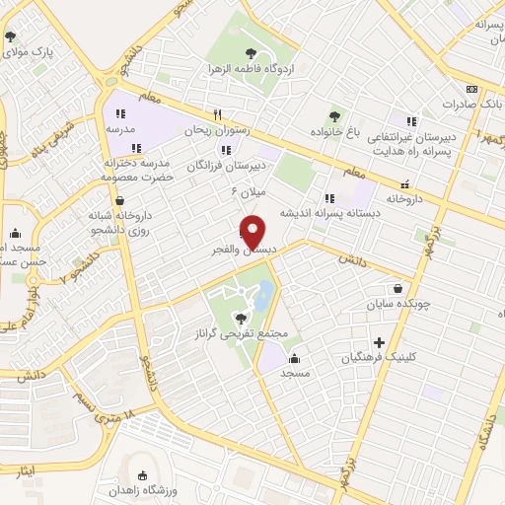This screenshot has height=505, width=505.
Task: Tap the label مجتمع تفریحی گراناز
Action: point(243,334)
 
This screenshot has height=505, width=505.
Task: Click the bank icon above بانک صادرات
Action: point(472,88)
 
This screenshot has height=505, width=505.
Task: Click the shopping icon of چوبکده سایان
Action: point(397,290)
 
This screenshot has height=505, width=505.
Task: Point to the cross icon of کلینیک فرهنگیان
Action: point(364,342)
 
